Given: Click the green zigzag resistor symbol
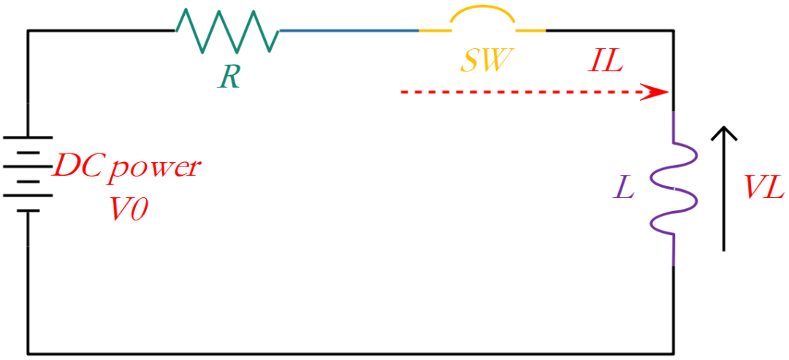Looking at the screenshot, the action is pyautogui.click(x=227, y=31).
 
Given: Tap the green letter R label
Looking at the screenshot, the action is pyautogui.click(x=229, y=77).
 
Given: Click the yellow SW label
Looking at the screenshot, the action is pyautogui.click(x=484, y=59).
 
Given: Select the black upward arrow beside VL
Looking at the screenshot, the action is pyautogui.click(x=723, y=188).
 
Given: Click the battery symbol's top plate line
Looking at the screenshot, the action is pyautogui.click(x=28, y=137).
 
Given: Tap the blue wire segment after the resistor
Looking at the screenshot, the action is pyautogui.click(x=349, y=31).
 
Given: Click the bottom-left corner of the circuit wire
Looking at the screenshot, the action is pyautogui.click(x=28, y=353).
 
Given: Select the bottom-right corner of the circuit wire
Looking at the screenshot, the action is pyautogui.click(x=674, y=353).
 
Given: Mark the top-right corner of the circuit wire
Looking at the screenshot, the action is pyautogui.click(x=674, y=31).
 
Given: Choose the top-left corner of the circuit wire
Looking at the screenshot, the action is pyautogui.click(x=28, y=31).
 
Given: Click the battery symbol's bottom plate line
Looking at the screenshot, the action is pyautogui.click(x=28, y=211).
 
